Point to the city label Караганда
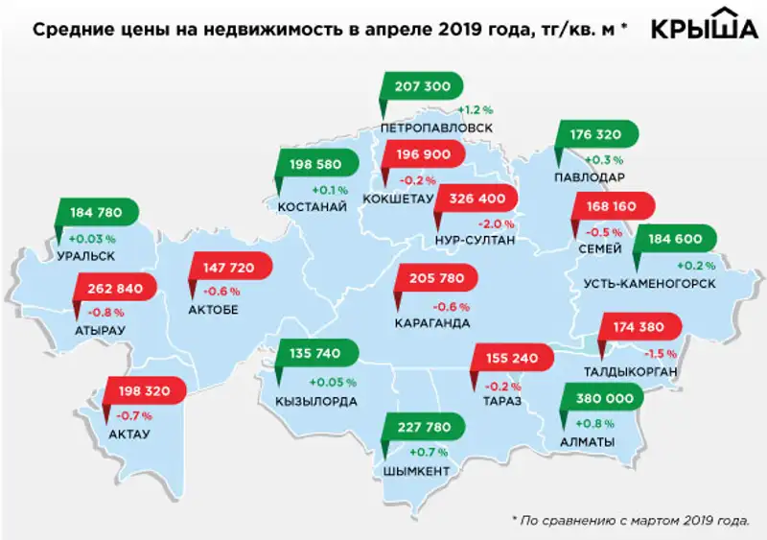[432, 323]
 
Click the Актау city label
[130, 434]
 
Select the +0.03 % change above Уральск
[91, 238]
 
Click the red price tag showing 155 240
[509, 360]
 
